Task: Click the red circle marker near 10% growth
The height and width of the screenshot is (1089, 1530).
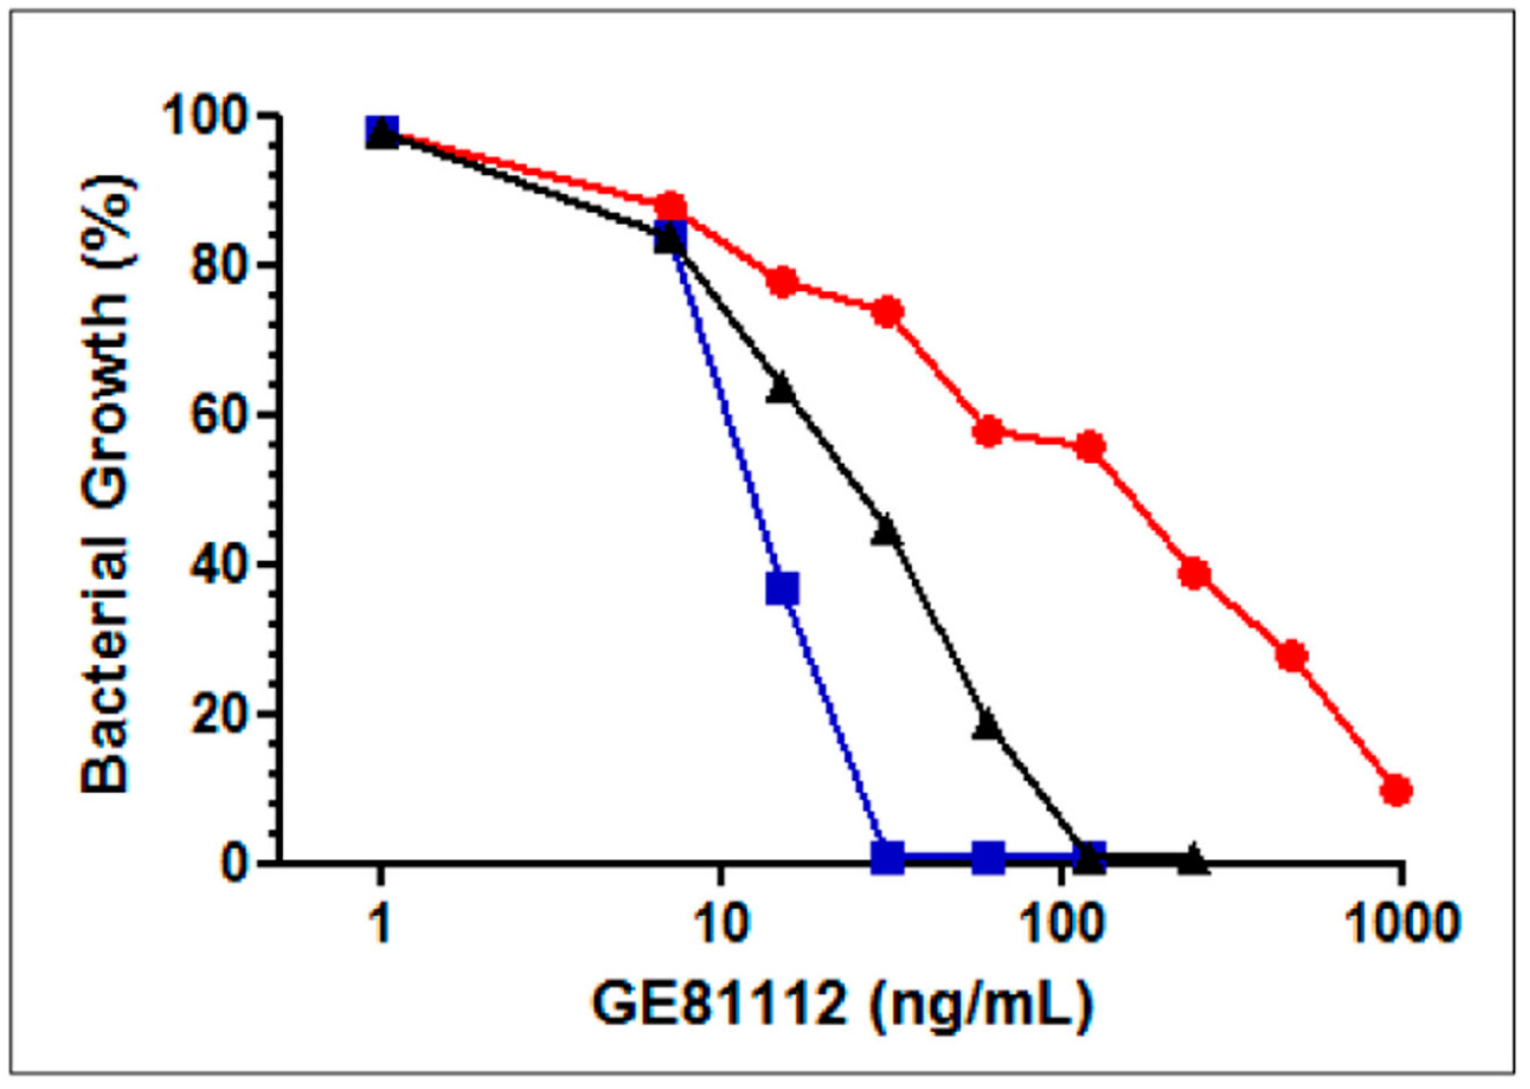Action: coord(1396,790)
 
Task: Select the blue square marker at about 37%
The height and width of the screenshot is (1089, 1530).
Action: coord(782,589)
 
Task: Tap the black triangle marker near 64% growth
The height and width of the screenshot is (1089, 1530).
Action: coord(782,388)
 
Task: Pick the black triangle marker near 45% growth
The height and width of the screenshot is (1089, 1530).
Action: coord(886,531)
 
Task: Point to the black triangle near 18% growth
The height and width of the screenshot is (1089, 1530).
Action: coord(989,726)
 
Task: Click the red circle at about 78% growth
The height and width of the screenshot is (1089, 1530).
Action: coord(783,282)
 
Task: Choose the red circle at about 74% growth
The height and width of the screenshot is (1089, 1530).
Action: coord(887,313)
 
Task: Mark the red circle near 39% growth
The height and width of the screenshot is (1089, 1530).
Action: coord(1194,574)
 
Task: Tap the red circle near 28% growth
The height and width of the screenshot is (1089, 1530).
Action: coord(1293,657)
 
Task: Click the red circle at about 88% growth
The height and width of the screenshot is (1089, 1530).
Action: coord(671,207)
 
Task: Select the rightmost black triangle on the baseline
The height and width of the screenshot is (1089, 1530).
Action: coord(1193,859)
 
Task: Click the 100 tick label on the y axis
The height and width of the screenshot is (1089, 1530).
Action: coord(205,116)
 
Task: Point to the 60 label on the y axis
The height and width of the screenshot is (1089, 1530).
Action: coord(218,415)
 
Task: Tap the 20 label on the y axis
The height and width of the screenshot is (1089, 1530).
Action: coord(218,715)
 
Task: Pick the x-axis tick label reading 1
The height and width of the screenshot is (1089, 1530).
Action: coord(381,924)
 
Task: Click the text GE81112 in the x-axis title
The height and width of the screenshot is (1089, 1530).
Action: coord(719,1004)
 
